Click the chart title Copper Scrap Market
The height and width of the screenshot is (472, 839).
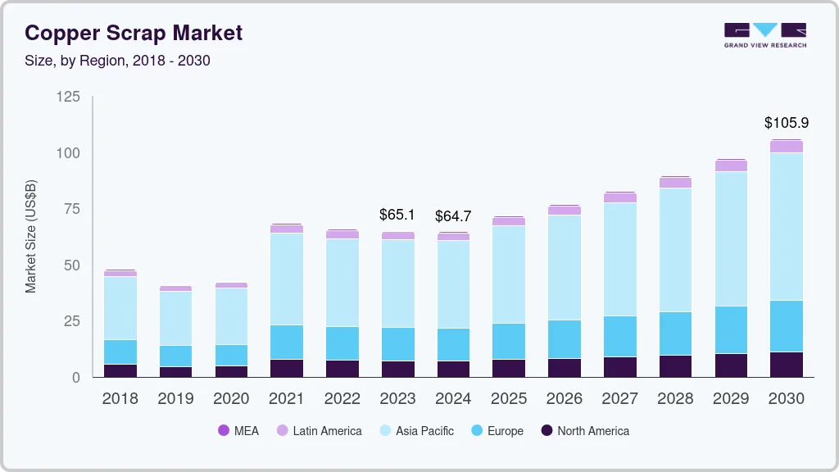[134, 33]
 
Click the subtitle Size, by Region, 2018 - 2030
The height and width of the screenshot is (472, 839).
[117, 61]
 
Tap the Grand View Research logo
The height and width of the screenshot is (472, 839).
[764, 35]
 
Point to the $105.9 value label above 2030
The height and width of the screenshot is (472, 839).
[786, 123]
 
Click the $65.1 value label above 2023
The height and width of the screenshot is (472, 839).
[397, 215]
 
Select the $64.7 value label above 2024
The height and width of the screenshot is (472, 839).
[453, 216]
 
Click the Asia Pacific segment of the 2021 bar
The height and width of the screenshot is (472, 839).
[286, 279]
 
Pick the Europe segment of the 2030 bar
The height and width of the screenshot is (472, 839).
[786, 326]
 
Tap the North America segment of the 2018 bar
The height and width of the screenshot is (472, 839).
[120, 370]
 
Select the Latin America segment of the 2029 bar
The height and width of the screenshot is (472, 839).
[731, 166]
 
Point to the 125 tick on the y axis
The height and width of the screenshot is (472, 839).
[68, 97]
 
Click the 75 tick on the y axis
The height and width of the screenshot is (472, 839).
[71, 209]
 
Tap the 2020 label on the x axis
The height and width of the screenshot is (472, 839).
[230, 398]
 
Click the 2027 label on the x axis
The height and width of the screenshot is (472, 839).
[619, 398]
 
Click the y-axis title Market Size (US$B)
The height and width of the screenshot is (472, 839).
[31, 236]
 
